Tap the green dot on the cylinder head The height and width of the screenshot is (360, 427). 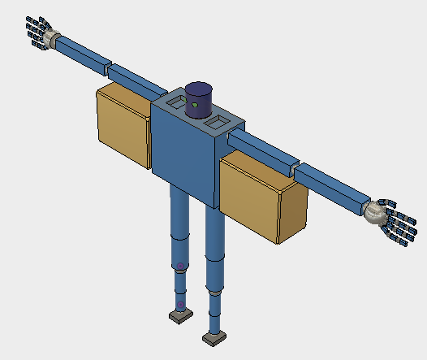pos(195,106)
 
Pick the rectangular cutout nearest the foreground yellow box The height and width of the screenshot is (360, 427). pos(218,122)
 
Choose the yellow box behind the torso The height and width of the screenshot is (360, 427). pos(123,128)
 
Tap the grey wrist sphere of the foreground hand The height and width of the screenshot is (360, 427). pos(374,213)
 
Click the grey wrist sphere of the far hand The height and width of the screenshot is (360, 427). pos(54,39)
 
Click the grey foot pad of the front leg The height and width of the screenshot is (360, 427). pos(213,336)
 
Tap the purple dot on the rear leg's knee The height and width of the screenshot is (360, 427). pos(179,267)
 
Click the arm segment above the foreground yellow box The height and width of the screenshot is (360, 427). pos(260,151)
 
